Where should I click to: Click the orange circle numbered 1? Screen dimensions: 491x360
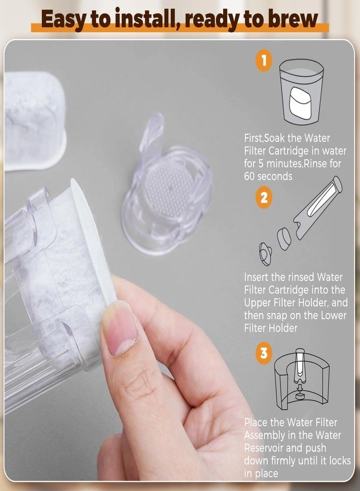click(264, 61)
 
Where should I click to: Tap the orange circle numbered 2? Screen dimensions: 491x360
click(264, 197)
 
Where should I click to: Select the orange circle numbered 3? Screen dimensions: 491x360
click(264, 353)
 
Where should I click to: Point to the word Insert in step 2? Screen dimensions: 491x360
click(256, 278)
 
